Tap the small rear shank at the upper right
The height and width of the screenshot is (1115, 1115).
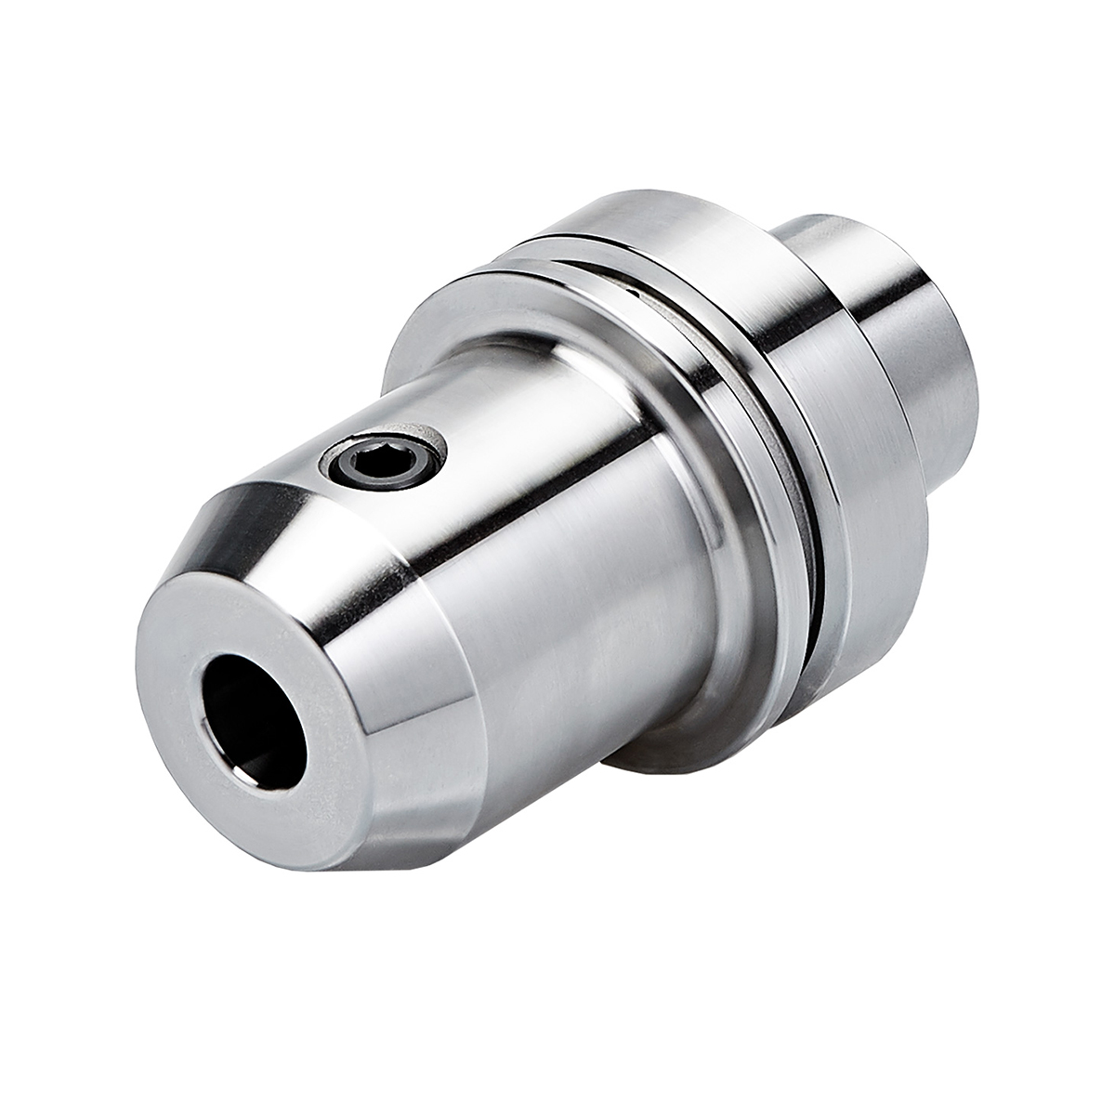(x=892, y=307)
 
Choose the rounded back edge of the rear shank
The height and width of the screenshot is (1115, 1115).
(x=966, y=390)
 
